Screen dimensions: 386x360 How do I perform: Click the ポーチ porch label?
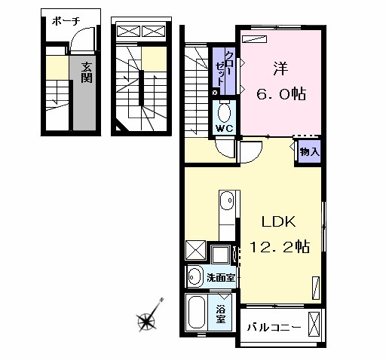66,21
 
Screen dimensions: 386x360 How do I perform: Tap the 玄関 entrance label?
86,72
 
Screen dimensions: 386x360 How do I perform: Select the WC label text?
225,129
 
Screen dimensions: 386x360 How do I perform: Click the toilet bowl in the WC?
224,113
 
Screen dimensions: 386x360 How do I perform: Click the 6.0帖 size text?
281,94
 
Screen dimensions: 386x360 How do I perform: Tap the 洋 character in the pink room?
280,69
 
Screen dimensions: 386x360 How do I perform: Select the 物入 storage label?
310,151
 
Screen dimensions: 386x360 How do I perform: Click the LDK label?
279,221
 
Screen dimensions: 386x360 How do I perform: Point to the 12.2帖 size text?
279,246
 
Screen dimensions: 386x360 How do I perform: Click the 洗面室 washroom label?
221,277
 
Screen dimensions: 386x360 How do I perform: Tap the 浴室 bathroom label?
220,314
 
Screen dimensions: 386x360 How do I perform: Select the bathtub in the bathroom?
197,313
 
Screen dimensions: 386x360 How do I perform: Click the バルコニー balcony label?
274,327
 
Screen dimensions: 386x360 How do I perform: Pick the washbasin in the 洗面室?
195,277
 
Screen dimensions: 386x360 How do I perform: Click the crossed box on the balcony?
314,324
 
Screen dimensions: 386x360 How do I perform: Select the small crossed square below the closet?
215,93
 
